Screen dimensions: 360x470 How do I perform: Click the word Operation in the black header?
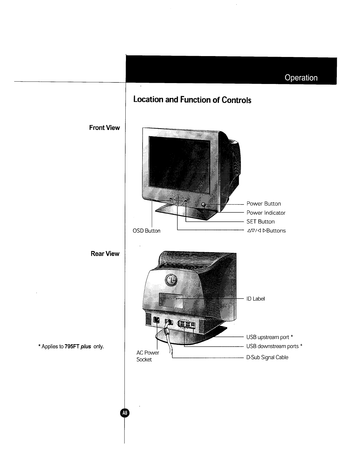301,78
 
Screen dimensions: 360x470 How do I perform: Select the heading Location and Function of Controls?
192,99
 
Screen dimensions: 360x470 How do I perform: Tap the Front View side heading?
105,128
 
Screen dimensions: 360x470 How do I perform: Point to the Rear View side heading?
105,254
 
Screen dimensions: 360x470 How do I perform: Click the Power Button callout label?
263,204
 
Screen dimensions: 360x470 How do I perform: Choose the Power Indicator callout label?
266,213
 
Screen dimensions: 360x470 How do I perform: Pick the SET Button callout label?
260,222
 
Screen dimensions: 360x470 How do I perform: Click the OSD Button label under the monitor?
146,231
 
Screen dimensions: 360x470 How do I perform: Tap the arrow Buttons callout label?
266,231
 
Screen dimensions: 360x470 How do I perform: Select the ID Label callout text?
255,298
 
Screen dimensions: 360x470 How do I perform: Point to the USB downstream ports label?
274,346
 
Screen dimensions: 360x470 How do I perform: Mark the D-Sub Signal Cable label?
267,357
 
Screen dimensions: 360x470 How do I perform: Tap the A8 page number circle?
124,413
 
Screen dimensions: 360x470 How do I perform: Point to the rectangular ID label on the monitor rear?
171,301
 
